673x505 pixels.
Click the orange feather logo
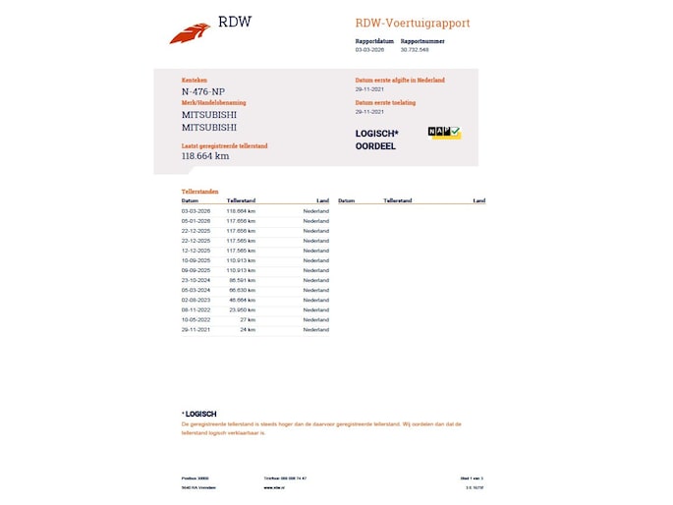click(x=190, y=33)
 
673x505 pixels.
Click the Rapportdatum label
click(x=374, y=41)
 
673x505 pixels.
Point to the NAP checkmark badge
click(x=445, y=132)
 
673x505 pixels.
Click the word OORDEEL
click(x=375, y=146)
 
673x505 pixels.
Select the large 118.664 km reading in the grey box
click(x=205, y=155)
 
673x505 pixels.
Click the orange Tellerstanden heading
click(x=200, y=191)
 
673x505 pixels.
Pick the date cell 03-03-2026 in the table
click(x=196, y=211)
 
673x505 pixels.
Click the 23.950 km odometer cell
click(x=241, y=309)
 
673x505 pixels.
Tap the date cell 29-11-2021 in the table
click(x=196, y=330)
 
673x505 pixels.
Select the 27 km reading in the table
click(x=248, y=319)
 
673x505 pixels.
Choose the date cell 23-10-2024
click(x=196, y=280)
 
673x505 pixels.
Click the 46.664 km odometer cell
click(x=241, y=300)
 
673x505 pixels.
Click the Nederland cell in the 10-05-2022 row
click(x=315, y=319)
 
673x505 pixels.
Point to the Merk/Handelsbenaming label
click(x=213, y=103)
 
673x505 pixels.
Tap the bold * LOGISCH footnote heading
click(x=199, y=414)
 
